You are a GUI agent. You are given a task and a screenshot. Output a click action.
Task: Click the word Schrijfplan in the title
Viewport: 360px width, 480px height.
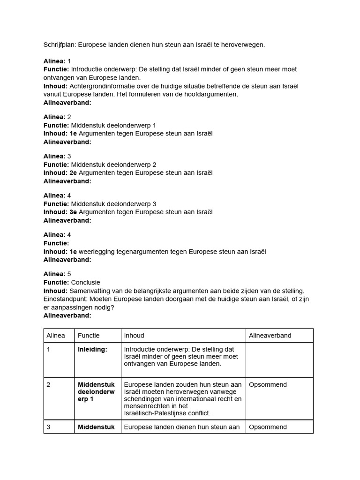[x=60, y=45]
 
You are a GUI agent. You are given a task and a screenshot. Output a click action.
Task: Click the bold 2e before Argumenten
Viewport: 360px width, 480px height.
[x=73, y=173]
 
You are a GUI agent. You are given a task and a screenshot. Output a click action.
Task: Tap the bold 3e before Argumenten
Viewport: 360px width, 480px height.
[x=73, y=212]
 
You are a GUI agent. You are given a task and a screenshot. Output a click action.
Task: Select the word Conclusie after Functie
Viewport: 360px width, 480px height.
[x=85, y=283]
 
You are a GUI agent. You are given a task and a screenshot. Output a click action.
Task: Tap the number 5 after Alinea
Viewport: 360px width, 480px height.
[x=69, y=274]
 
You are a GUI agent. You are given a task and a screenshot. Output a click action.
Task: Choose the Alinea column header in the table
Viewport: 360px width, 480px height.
[x=56, y=336]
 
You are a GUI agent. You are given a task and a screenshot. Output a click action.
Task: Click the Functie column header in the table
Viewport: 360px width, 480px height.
[x=89, y=336]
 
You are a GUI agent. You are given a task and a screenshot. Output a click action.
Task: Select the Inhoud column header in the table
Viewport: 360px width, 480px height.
[x=134, y=336]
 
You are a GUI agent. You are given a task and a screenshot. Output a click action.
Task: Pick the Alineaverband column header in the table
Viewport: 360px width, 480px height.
[x=270, y=336]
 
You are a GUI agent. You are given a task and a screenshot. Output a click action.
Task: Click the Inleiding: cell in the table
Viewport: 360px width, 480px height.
[x=92, y=350]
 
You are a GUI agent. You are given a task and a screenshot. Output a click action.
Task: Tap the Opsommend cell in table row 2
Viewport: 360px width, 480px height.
[x=268, y=385]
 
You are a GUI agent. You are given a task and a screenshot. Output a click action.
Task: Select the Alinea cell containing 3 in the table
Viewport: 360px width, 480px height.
[x=49, y=427]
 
